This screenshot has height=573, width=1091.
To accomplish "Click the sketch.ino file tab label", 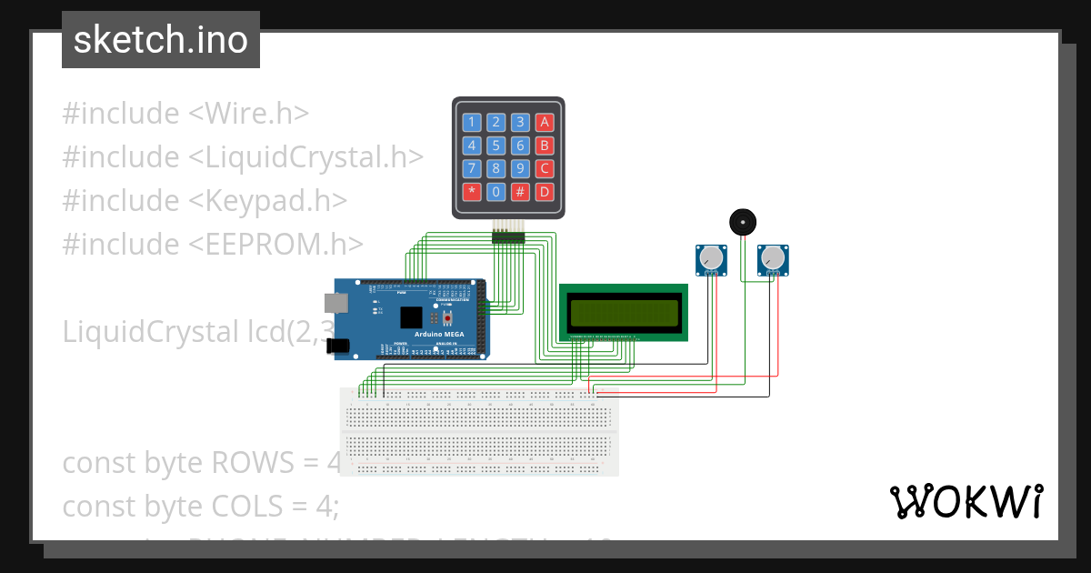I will click(160, 40).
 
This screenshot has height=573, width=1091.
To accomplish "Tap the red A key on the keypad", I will click(544, 122).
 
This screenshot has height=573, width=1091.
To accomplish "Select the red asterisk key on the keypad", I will click(472, 191).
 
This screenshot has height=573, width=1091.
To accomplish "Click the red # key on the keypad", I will click(520, 191).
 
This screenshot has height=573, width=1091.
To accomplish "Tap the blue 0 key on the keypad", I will click(495, 191).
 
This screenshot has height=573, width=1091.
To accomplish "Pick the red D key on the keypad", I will click(544, 191).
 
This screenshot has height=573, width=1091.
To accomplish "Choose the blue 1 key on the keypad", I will click(472, 122).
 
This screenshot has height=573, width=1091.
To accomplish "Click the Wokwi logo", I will click(966, 501).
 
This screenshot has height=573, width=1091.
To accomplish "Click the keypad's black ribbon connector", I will click(509, 236).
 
